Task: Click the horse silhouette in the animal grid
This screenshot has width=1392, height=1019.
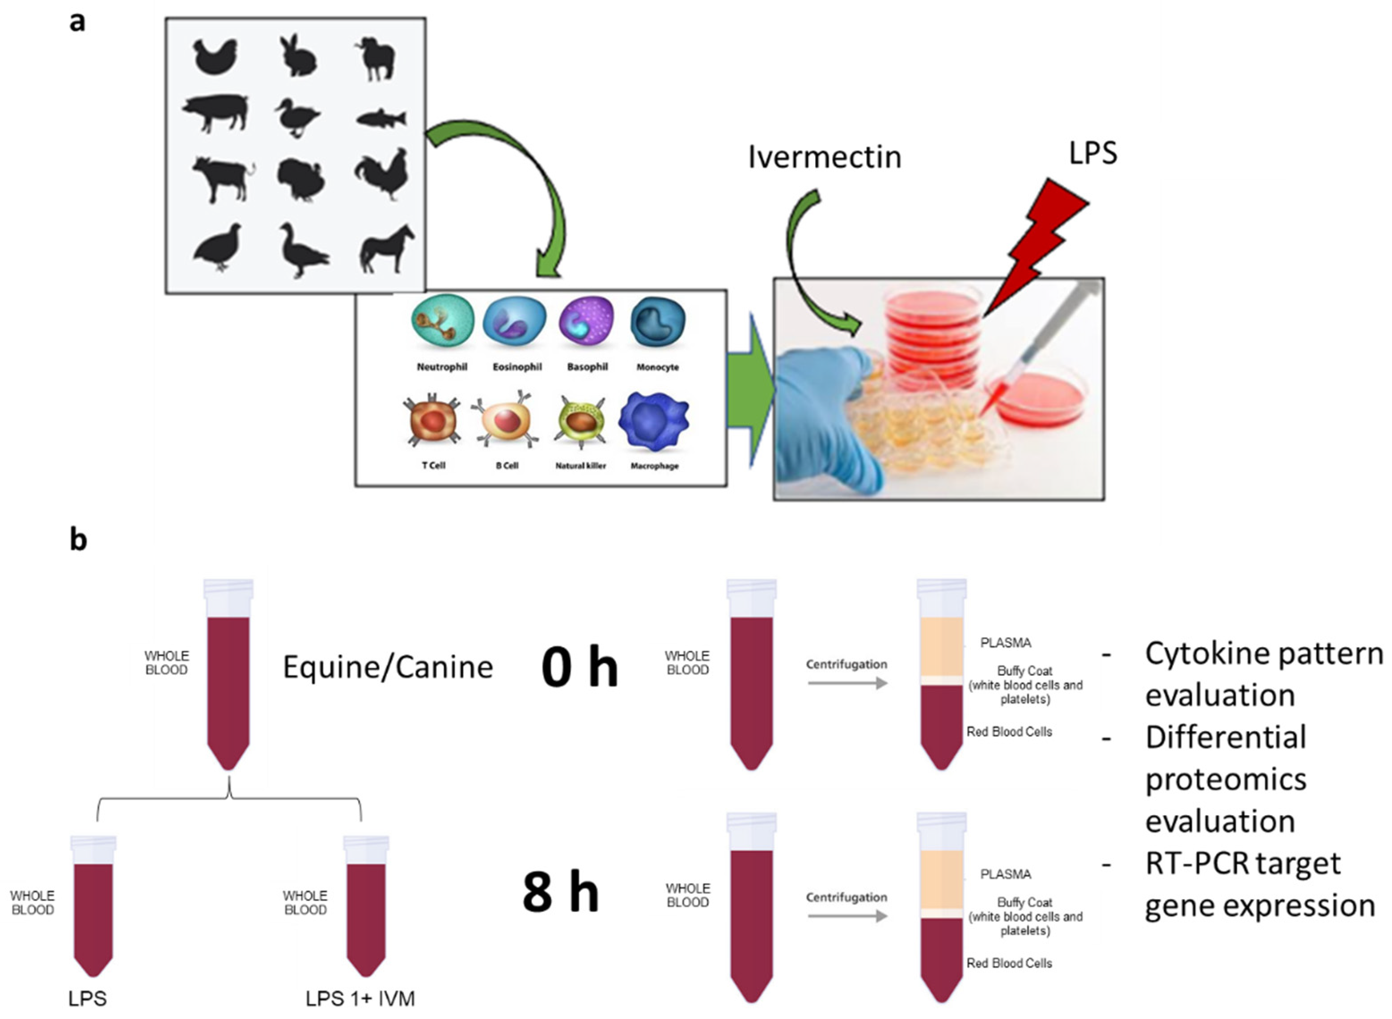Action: coord(387,249)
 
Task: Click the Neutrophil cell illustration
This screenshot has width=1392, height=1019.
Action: coord(442,321)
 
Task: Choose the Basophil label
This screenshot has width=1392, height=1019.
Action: coord(587,367)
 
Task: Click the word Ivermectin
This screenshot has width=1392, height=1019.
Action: coord(825,157)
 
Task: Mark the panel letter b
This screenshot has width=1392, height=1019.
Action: coord(78,539)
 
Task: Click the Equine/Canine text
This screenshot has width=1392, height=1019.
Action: coord(388,667)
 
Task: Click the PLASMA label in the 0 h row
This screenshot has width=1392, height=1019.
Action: coord(1005,643)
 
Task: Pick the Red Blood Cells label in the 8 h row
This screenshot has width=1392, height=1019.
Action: coord(1009,963)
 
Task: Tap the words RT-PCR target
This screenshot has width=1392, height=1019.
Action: coord(1243,863)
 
